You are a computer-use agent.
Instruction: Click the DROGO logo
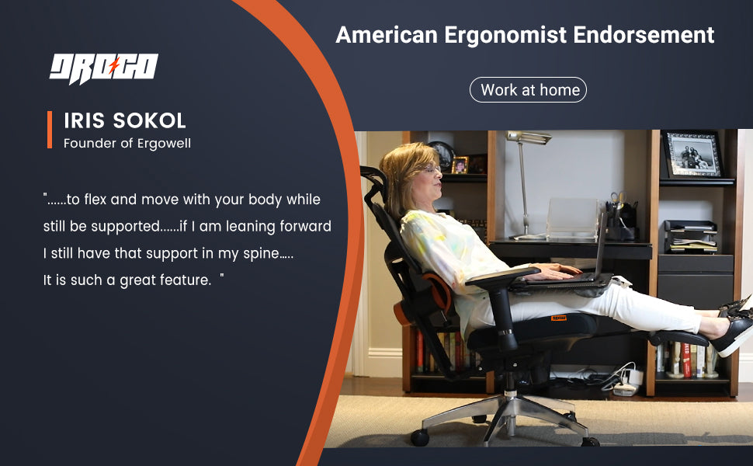click(104, 68)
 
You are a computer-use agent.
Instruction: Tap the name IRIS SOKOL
click(125, 120)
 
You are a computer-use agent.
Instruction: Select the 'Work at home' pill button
click(528, 90)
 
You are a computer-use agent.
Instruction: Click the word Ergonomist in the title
click(505, 35)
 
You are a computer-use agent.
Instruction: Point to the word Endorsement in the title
click(644, 35)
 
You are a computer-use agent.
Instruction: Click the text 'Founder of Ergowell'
click(127, 144)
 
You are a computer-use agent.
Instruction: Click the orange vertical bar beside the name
click(50, 130)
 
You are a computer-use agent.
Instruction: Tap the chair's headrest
click(375, 182)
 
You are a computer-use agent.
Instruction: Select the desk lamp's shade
click(528, 137)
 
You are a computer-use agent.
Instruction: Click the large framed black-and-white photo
click(692, 155)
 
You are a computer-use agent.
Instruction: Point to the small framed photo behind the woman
click(460, 165)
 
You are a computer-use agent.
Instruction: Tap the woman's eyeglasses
click(430, 169)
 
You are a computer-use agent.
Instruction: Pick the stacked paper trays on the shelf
click(691, 236)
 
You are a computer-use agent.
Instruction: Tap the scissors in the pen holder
click(618, 197)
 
